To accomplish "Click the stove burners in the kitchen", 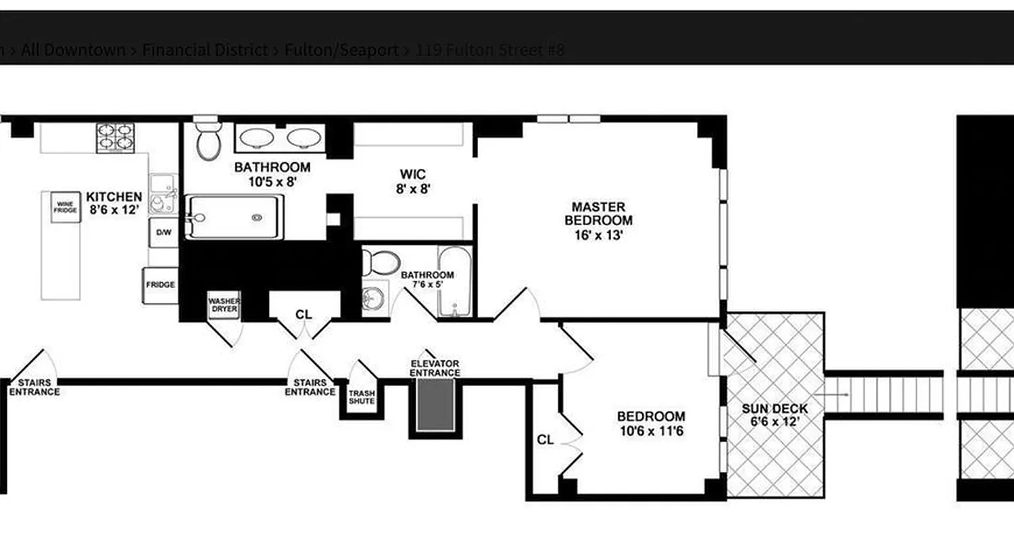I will pos(114,137).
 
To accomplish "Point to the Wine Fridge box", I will pos(64,207).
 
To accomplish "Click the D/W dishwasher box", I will pos(164,233).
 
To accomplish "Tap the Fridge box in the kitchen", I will pos(160,285).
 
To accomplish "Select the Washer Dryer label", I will pos(224,304).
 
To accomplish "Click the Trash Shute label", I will pos(361,397).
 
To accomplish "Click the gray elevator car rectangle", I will pos(435,404).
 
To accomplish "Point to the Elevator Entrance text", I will pos(435,369).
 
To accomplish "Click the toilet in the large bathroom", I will pos(209,143).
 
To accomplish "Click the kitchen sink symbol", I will pos(163,193).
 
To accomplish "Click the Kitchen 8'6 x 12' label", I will pos(114,203).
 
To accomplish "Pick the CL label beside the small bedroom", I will pos(546,440).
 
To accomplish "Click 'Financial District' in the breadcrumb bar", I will pos(205,50).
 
